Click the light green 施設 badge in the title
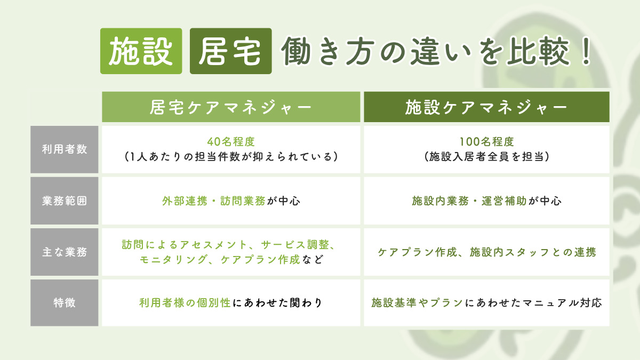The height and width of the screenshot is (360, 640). pyautogui.click(x=141, y=51)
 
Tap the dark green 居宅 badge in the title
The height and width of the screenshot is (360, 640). pyautogui.click(x=230, y=51)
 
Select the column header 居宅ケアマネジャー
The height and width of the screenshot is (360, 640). pyautogui.click(x=231, y=107)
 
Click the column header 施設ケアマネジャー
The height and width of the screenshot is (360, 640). pyautogui.click(x=486, y=107)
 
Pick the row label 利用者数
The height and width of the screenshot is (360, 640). pyautogui.click(x=65, y=149)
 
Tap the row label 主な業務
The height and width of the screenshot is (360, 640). pyautogui.click(x=65, y=252)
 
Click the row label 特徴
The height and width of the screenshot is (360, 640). pyautogui.click(x=65, y=303)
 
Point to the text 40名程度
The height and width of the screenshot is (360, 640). pyautogui.click(x=231, y=142)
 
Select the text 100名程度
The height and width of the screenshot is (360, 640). pyautogui.click(x=486, y=142)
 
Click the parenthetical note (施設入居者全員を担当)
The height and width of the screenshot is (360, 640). pyautogui.click(x=486, y=157)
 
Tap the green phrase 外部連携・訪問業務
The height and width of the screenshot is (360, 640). pyautogui.click(x=214, y=201)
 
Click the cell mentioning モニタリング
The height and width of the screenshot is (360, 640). pyautogui.click(x=231, y=252)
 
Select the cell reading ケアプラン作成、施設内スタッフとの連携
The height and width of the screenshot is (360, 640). pyautogui.click(x=486, y=252)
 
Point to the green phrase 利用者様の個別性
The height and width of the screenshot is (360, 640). pyautogui.click(x=185, y=303)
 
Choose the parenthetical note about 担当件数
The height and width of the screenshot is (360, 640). pyautogui.click(x=231, y=157)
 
